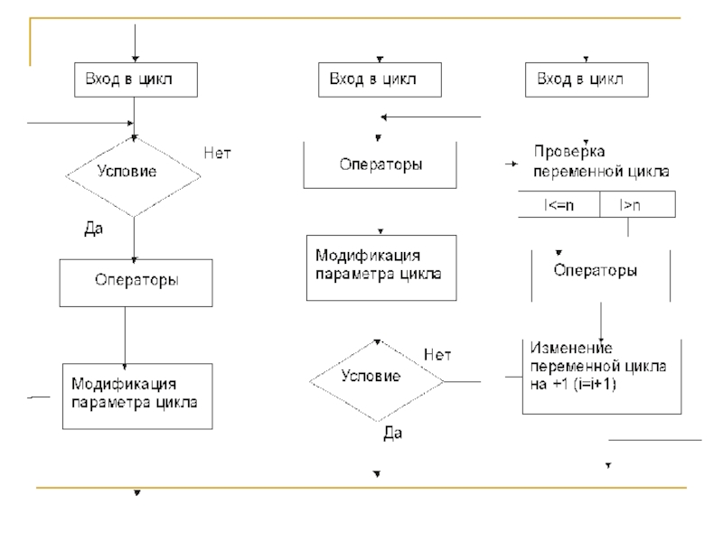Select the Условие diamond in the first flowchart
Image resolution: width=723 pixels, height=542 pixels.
135,172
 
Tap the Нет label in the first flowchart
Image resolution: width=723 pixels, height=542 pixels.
217,154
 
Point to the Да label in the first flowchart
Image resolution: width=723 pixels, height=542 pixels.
94,229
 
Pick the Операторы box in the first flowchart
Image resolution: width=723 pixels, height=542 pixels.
136,281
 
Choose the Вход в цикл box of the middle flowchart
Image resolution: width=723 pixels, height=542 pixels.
380,79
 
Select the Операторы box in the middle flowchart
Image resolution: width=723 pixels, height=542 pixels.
380,165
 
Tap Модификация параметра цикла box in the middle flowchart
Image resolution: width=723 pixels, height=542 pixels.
380,267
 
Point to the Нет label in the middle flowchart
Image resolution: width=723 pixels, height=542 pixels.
437,355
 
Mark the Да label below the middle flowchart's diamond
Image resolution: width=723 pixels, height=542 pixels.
392,434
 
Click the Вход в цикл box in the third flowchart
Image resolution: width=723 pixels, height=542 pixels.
587,79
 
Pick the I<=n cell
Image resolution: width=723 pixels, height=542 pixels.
559,206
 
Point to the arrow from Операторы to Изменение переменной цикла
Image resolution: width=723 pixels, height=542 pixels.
601,320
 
